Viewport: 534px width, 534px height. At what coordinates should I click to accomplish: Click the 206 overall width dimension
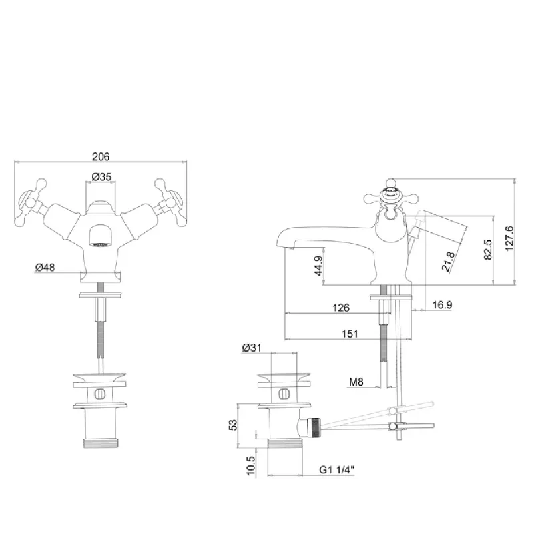click(101, 156)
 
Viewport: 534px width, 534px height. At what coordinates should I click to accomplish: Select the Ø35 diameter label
click(101, 177)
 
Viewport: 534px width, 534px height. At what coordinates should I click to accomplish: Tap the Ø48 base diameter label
click(45, 268)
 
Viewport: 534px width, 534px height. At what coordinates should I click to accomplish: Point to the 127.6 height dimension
click(509, 238)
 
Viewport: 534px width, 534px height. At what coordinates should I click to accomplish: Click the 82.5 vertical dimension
click(488, 250)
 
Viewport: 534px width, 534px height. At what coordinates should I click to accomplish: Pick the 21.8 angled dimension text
click(448, 262)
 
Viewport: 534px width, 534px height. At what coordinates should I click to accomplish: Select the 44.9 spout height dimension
click(318, 266)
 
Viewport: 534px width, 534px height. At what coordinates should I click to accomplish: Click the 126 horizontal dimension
click(341, 308)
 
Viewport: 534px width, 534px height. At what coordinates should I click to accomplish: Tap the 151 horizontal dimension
click(350, 334)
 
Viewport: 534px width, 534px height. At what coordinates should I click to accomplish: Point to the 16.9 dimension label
click(442, 305)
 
